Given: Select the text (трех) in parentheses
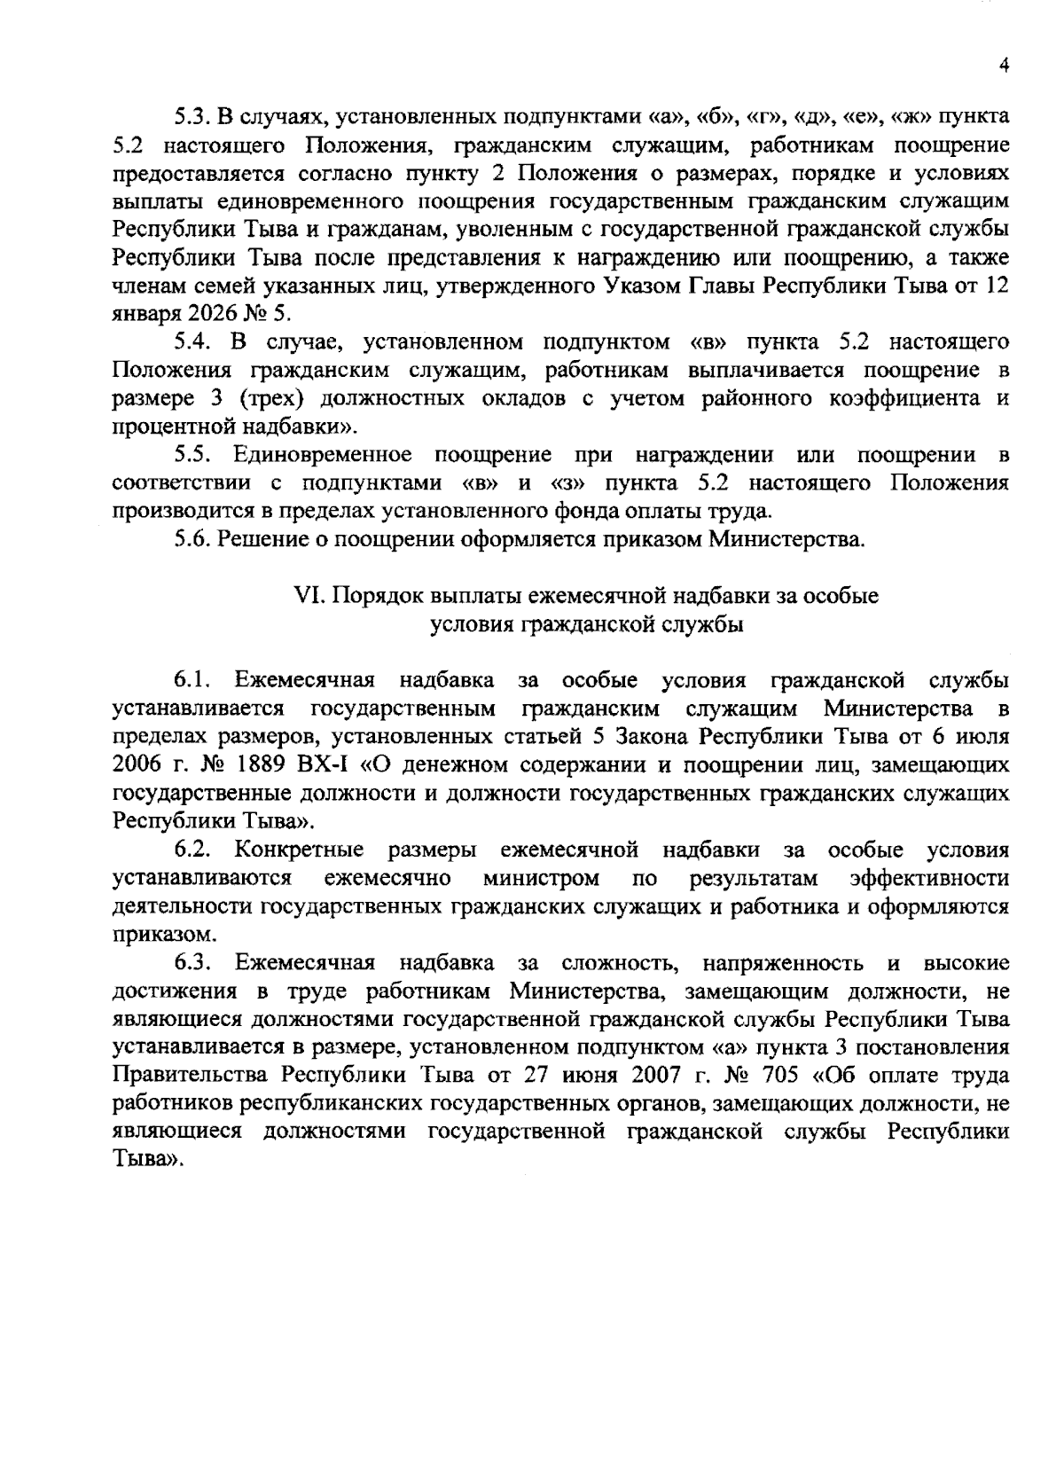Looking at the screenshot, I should (x=271, y=399).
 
